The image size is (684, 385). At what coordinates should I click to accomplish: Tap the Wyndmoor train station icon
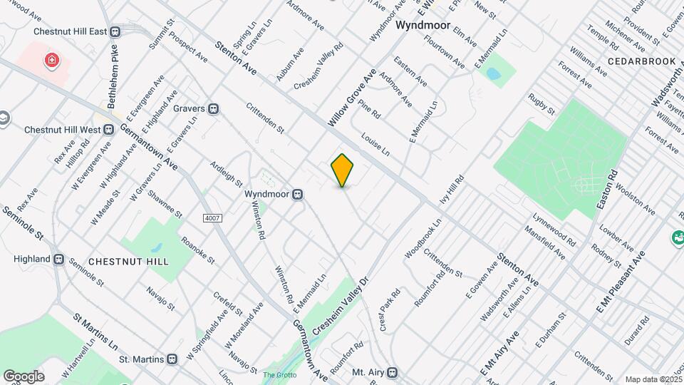tap(301, 194)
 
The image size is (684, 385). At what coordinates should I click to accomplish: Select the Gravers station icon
tap(213, 109)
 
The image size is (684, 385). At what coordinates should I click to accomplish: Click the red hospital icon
tap(51, 61)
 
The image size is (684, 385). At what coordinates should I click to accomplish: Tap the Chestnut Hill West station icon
tap(109, 130)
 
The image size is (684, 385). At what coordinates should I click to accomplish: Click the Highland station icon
tap(59, 259)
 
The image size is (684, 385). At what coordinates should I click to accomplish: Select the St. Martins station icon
tap(172, 359)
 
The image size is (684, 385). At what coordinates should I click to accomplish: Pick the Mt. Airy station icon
tap(391, 372)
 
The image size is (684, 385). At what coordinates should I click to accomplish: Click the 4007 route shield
tap(212, 217)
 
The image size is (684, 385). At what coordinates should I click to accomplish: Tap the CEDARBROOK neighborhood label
tap(642, 61)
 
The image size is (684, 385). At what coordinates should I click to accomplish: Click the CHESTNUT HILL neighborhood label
tap(129, 262)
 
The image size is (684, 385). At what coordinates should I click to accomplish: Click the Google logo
tap(24, 376)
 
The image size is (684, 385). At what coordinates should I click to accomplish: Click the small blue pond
tap(493, 74)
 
